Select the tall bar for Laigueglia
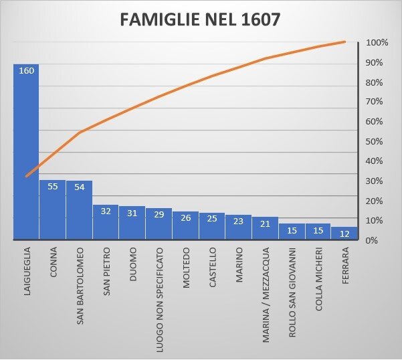[x=26, y=154]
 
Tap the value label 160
[x=26, y=70]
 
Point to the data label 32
[x=106, y=211]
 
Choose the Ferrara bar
[x=344, y=234]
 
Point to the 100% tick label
[x=377, y=43]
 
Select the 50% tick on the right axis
[x=375, y=142]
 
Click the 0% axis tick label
[x=372, y=240]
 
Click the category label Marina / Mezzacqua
[x=266, y=294]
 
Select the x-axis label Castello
[x=212, y=268]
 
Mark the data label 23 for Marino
[x=238, y=219]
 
